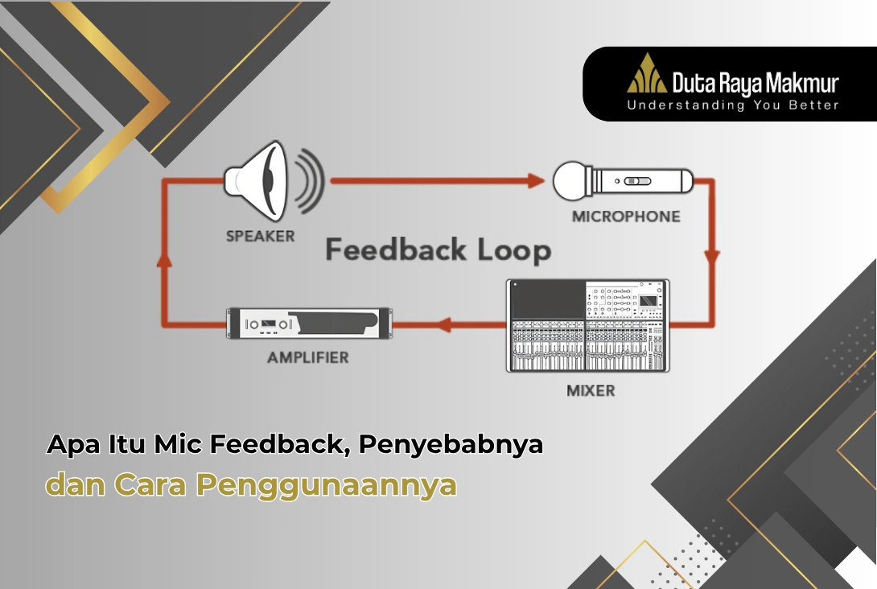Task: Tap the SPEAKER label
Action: coord(260,237)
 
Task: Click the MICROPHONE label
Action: coord(625,216)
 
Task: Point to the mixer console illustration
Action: coord(587,325)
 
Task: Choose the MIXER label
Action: coord(590,391)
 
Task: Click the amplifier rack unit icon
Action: coord(309,323)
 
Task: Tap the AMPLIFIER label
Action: coord(308,356)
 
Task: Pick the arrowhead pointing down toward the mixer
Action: coord(711,257)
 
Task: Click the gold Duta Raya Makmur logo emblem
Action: coord(647,74)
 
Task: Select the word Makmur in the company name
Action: coord(801,83)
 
